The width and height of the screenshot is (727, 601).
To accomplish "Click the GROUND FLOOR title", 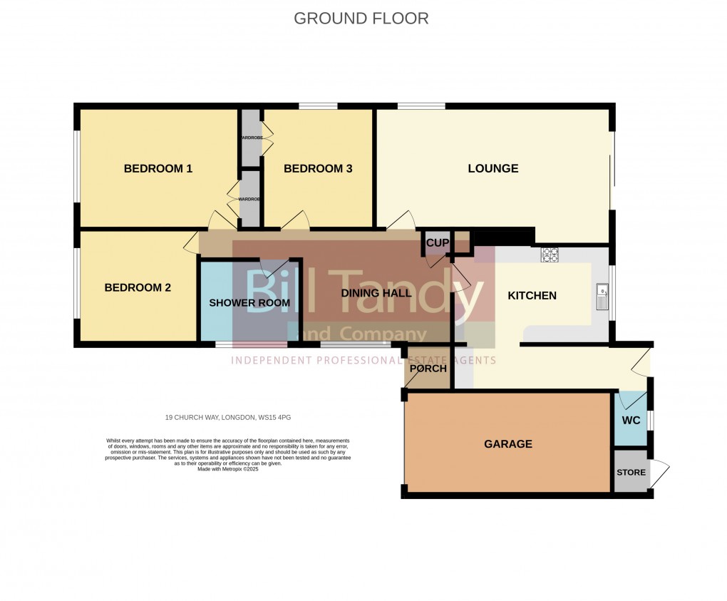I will [361, 19].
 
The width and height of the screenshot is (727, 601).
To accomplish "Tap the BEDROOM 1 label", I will [158, 169].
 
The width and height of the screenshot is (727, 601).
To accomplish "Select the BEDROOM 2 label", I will [138, 288].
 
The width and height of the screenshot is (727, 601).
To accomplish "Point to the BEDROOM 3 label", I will [318, 169].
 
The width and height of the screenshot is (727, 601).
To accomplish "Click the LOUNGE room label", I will [493, 169].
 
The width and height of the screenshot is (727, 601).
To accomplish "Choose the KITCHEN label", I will [532, 295].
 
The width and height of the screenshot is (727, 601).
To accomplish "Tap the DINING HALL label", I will [376, 293].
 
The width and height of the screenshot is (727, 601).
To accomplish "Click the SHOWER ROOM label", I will [249, 303].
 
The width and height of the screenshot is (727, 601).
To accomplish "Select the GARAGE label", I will [508, 444].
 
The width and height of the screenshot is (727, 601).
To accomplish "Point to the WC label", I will [631, 420].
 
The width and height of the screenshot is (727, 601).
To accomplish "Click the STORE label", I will [631, 473].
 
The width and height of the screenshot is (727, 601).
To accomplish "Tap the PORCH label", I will [428, 369].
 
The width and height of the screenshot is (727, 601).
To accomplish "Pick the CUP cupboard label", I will [438, 243].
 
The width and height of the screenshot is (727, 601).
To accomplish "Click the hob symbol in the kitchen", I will [550, 255].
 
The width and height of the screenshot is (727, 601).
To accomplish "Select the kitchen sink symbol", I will [602, 297].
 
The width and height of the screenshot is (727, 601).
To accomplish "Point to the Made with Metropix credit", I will [228, 469].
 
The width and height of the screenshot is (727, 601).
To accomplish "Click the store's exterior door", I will [660, 473].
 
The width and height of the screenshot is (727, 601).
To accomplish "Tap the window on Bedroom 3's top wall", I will [318, 107].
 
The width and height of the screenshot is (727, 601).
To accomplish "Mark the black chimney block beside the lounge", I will [503, 236].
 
